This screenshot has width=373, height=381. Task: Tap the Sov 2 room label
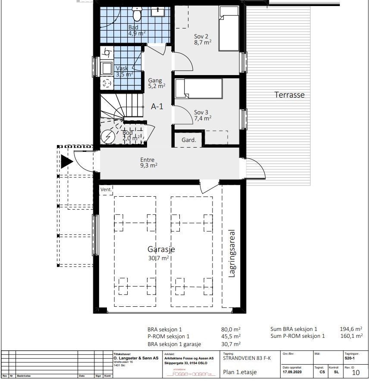point(202,39)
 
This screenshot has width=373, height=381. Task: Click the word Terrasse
point(289,95)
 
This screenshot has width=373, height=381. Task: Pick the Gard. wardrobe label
point(188,140)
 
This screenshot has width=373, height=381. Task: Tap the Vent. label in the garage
point(106,189)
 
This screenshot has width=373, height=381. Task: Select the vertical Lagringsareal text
point(232,253)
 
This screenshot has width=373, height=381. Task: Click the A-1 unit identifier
point(157,107)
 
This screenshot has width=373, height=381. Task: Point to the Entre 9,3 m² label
point(148,162)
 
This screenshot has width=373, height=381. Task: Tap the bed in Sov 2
point(229,28)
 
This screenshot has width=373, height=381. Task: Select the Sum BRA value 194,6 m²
point(351,329)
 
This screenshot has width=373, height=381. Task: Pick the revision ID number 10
point(355,372)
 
